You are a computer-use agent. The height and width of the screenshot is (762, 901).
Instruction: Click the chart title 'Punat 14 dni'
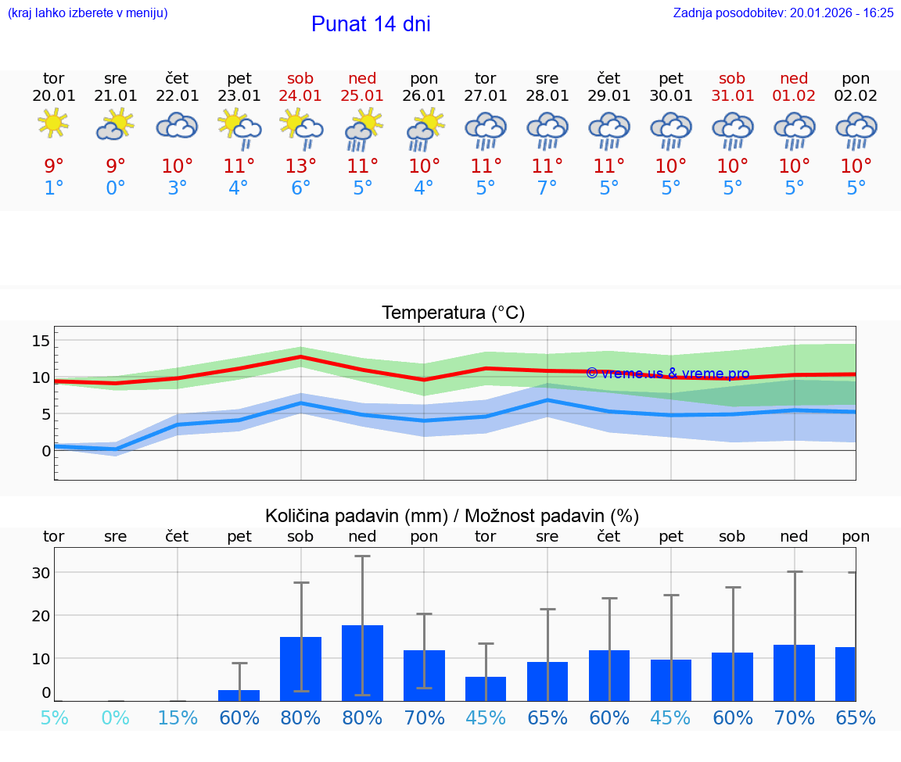click(371, 24)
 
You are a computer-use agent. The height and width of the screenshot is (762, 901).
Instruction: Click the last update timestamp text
click(783, 13)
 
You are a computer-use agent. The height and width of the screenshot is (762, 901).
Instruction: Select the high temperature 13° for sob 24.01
click(300, 166)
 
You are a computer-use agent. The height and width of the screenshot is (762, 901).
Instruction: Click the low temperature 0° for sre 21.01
click(115, 188)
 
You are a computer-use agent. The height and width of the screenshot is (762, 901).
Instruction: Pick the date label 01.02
click(794, 95)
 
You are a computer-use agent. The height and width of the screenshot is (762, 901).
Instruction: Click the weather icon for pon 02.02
click(856, 131)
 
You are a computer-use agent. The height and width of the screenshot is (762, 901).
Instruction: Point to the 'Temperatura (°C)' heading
click(453, 313)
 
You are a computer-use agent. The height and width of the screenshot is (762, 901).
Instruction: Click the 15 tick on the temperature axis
click(41, 340)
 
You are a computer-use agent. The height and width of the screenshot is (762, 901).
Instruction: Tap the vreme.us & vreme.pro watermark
click(667, 374)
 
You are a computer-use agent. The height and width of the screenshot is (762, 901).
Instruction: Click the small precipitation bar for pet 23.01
click(239, 695)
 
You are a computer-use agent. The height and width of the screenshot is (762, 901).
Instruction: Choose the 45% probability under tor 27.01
click(486, 717)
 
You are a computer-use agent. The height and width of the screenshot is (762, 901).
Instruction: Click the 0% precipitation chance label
click(115, 717)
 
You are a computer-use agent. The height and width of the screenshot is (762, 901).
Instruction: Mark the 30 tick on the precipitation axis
click(41, 572)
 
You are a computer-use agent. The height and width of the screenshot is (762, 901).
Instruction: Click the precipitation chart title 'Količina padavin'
click(452, 516)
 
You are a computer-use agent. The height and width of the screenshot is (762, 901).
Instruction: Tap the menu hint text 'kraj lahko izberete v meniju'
click(87, 13)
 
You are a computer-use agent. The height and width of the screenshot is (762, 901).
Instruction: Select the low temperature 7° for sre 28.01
click(547, 188)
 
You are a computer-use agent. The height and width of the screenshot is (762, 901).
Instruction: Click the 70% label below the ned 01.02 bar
click(794, 717)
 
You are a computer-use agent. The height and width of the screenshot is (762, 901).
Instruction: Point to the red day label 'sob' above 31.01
click(732, 78)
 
